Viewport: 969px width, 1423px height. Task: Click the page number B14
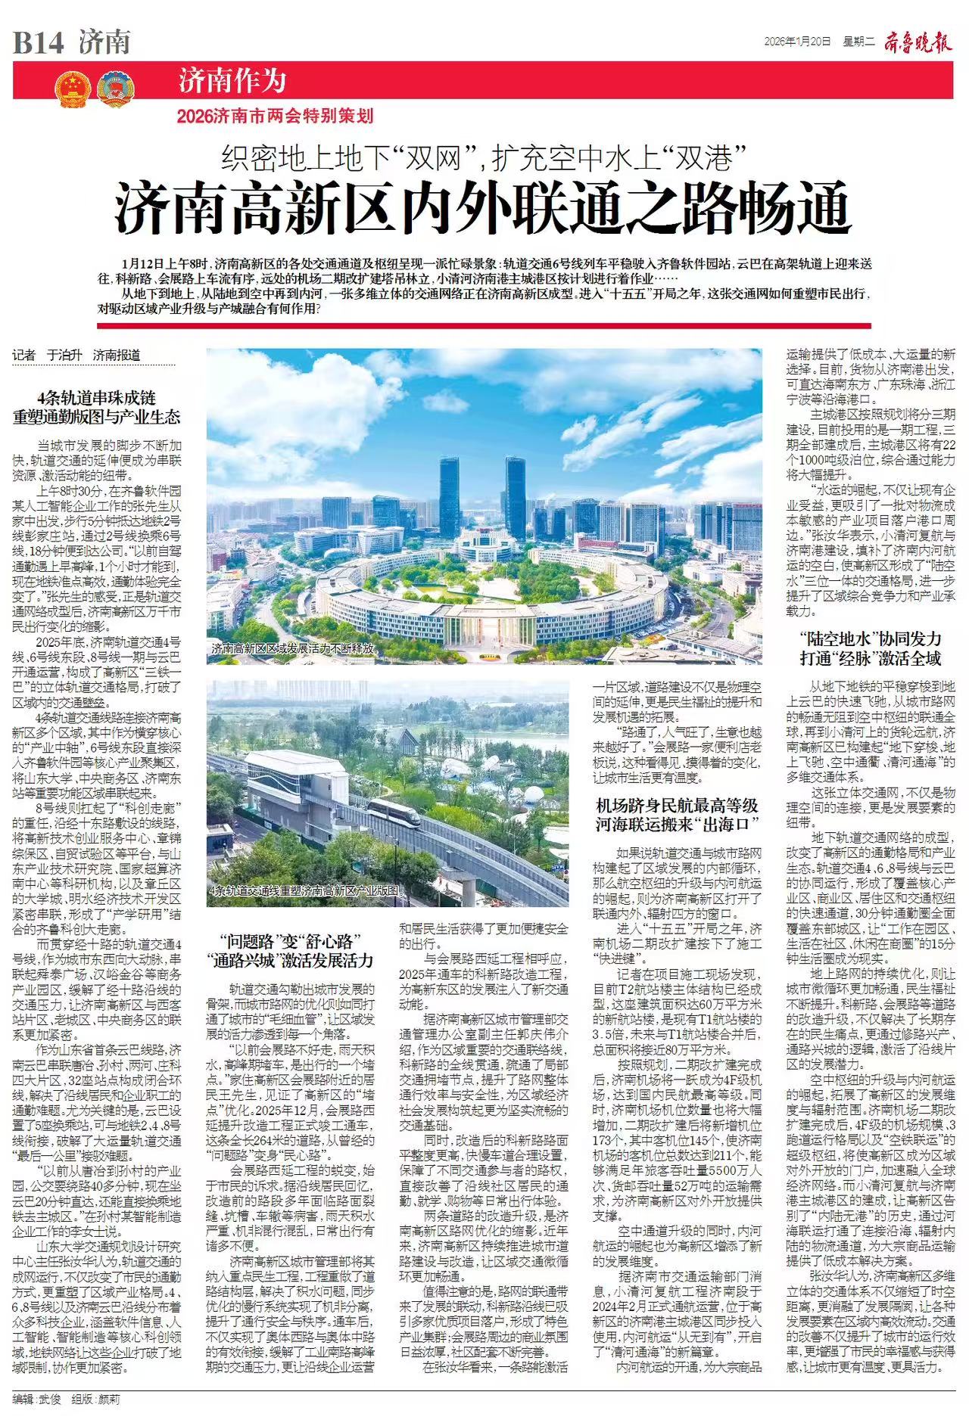(x=38, y=42)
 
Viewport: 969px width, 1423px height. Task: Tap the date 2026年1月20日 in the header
(x=797, y=41)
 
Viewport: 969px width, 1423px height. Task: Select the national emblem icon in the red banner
(x=72, y=89)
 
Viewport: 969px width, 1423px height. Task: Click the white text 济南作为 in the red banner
(x=232, y=80)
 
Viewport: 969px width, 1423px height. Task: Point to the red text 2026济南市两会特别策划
(x=276, y=116)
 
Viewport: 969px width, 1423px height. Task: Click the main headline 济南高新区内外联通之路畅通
(x=484, y=207)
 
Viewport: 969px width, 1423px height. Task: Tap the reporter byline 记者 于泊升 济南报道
(x=76, y=355)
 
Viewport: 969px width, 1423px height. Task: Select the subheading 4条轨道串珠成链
(x=96, y=397)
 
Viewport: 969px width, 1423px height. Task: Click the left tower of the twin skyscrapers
(x=448, y=492)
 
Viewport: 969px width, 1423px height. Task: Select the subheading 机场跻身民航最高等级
(x=677, y=805)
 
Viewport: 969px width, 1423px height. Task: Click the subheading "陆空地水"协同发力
(x=870, y=638)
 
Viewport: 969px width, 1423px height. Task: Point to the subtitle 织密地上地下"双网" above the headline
(x=353, y=158)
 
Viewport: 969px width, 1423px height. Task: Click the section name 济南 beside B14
(x=104, y=42)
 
